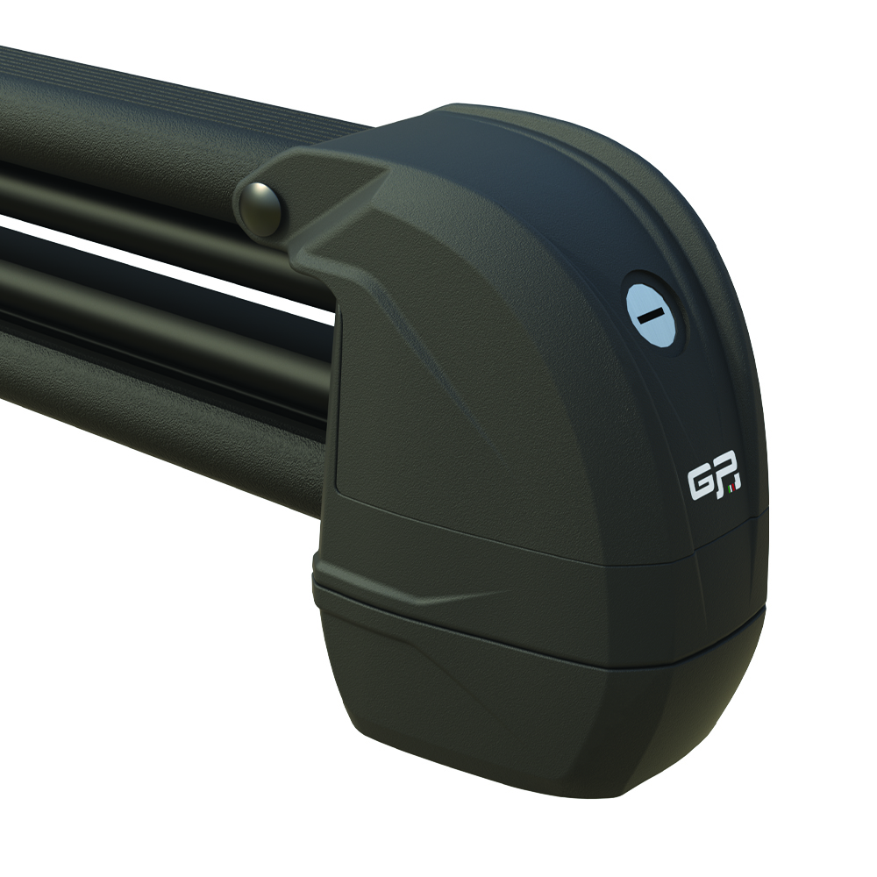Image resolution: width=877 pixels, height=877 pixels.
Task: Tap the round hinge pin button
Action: (x=261, y=207)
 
